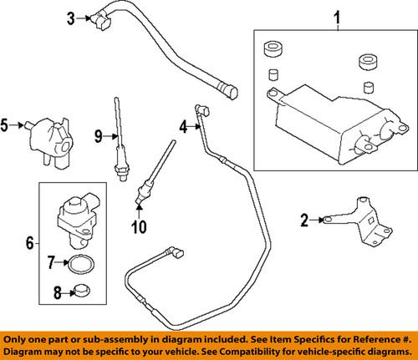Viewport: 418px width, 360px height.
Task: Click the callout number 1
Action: pyautogui.click(x=338, y=17)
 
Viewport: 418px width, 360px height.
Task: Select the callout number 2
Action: pyautogui.click(x=304, y=221)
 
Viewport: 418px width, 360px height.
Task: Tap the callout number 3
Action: pyautogui.click(x=71, y=16)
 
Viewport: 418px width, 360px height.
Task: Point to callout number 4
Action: pyautogui.click(x=181, y=128)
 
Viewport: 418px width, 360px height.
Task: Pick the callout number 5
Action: pyautogui.click(x=5, y=126)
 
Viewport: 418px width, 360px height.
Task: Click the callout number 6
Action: pyautogui.click(x=30, y=243)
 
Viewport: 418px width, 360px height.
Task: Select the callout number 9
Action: pyautogui.click(x=97, y=136)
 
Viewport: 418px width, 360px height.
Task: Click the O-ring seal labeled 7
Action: pyautogui.click(x=79, y=265)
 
